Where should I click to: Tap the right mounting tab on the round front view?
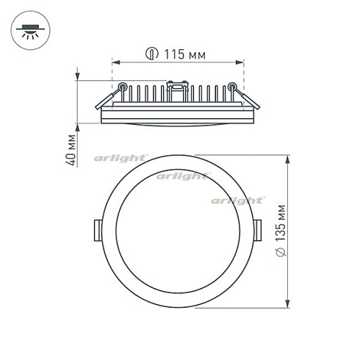click(259, 228)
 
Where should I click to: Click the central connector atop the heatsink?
click(176, 88)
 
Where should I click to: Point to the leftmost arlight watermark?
click(120, 158)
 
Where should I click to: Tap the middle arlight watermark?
click(181, 176)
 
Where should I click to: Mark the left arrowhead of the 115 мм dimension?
click(115, 62)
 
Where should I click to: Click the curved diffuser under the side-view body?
click(177, 124)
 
